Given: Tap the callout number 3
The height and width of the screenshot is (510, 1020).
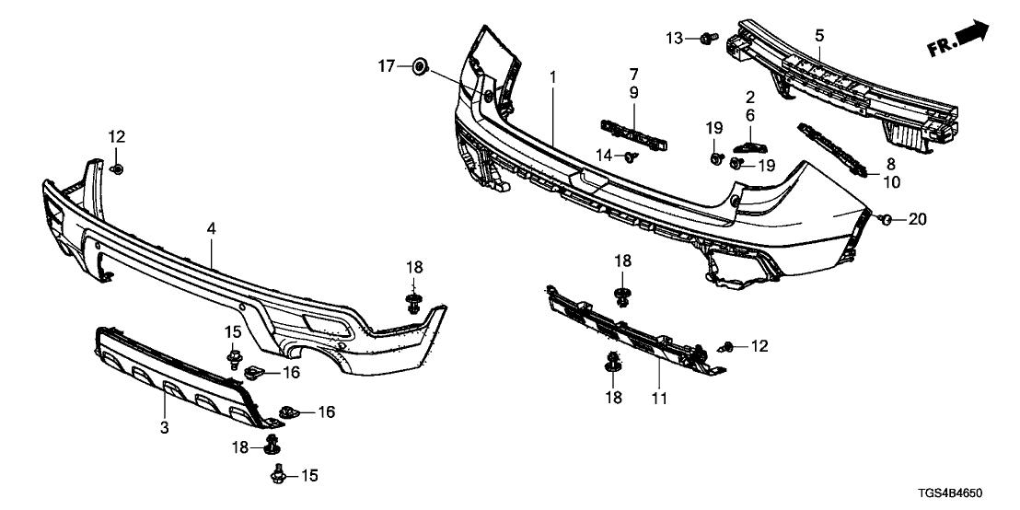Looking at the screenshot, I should tap(165, 428).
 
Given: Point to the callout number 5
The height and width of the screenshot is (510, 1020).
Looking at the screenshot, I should tap(819, 35).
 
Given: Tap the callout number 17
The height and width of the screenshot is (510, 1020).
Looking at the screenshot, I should tap(388, 65).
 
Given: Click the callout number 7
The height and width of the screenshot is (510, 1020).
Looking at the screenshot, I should tap(633, 73).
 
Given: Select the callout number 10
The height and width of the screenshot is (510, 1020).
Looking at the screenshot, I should tap(891, 182).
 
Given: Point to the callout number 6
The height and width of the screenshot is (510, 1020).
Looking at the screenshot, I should tap(749, 115).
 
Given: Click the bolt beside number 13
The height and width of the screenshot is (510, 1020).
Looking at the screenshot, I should tap(706, 38).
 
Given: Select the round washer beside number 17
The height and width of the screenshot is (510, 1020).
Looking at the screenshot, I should tap(419, 65).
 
